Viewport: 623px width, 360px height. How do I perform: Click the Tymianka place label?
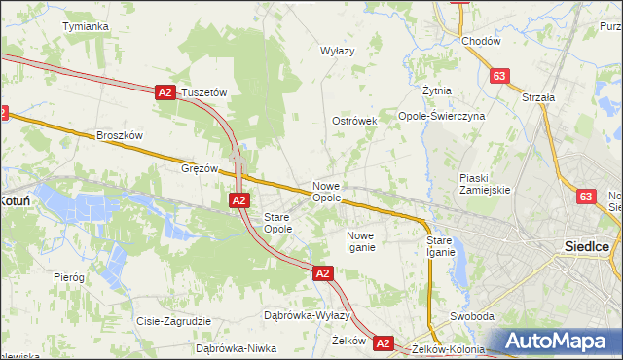tap(85, 26)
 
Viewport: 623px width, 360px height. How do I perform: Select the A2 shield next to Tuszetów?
tap(165, 92)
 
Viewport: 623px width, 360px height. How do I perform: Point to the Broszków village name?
tap(120, 136)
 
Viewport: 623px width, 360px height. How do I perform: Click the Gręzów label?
tap(200, 167)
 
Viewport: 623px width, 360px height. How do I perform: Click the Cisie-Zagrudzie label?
tap(174, 321)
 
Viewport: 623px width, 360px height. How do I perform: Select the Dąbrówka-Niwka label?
tap(237, 347)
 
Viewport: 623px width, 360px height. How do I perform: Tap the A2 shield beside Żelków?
tap(383, 342)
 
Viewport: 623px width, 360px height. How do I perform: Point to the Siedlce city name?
tap(587, 246)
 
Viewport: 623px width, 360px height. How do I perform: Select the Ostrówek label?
tap(354, 121)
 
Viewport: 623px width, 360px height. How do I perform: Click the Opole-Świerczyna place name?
tap(442, 115)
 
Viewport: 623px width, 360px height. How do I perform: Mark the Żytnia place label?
tap(437, 90)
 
